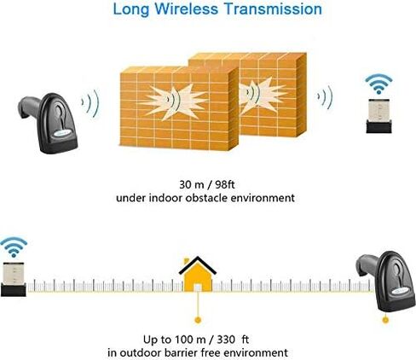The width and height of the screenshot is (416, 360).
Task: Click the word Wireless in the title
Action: click(186, 9)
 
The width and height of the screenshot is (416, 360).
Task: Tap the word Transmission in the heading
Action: click(273, 9)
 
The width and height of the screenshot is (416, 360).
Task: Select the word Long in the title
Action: click(131, 9)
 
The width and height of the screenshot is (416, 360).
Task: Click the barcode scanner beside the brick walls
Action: click(48, 123)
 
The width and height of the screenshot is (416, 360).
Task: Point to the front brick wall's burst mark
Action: click(174, 102)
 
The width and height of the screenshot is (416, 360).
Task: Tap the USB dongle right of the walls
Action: click(378, 116)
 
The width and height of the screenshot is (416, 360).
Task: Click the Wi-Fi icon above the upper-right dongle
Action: click(378, 84)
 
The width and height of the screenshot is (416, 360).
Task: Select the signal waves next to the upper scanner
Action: click(90, 103)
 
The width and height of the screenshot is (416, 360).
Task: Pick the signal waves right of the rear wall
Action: click(325, 97)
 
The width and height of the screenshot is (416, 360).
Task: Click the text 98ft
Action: click(225, 184)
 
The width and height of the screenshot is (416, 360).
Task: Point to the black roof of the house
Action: click(198, 265)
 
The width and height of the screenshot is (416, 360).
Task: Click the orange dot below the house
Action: click(198, 320)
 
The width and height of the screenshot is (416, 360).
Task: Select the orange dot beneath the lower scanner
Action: click(385, 320)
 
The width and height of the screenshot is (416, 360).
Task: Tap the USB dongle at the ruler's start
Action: click(13, 280)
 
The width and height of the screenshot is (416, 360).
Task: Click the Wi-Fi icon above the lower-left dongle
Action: click(14, 247)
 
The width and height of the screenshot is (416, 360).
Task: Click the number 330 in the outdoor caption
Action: click(226, 340)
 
